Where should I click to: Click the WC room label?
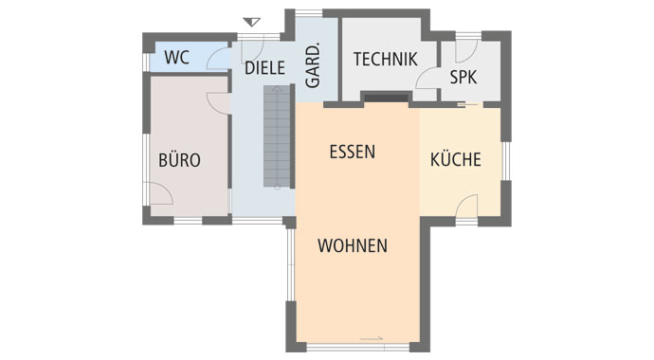pos(177,57)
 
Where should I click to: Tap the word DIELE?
pos(264,68)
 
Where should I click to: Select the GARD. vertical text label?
pos(313,66)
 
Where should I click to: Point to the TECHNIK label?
pos(385,60)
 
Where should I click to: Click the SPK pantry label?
pos(463,78)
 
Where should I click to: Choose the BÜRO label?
pos(179,160)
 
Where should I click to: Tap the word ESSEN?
pos(353,151)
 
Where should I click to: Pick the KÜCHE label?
pos(456,160)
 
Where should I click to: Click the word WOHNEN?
pos(353,245)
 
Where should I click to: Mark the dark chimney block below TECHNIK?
pos(386,96)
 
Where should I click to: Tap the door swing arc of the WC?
pos(220,59)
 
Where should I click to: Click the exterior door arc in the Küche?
pos(467,205)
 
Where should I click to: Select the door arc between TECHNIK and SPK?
pos(427,81)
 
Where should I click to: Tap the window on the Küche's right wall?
pos(505,162)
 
